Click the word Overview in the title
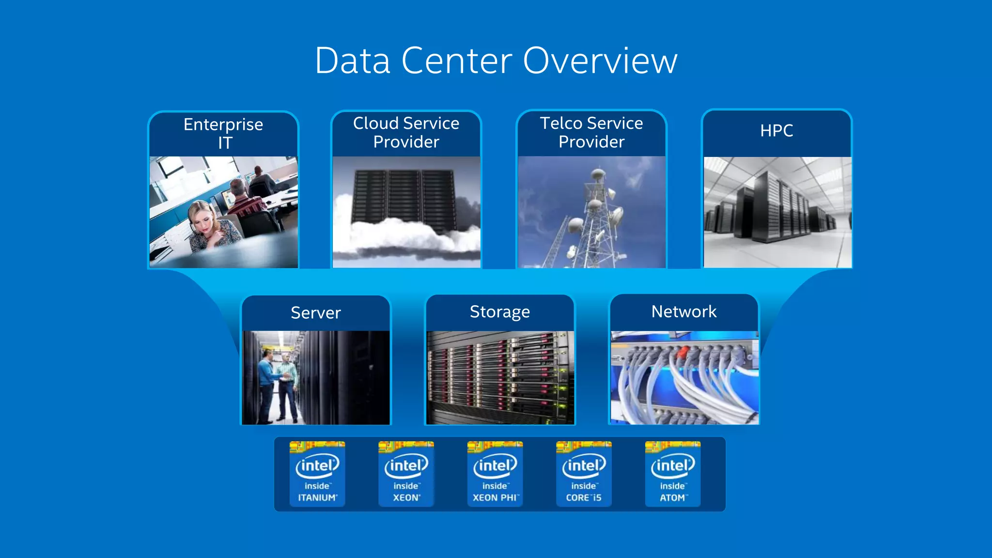(600, 61)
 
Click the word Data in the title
(353, 61)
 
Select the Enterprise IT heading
(223, 133)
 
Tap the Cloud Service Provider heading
(406, 132)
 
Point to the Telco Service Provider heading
(591, 132)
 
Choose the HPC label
(776, 130)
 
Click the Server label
(316, 312)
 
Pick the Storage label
(500, 311)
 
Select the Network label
(684, 311)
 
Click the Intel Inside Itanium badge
(317, 474)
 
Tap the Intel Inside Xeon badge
(406, 474)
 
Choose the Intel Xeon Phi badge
(495, 474)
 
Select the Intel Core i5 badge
(584, 474)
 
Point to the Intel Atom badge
(673, 474)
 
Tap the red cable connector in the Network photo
(683, 351)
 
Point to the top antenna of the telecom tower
(598, 172)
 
